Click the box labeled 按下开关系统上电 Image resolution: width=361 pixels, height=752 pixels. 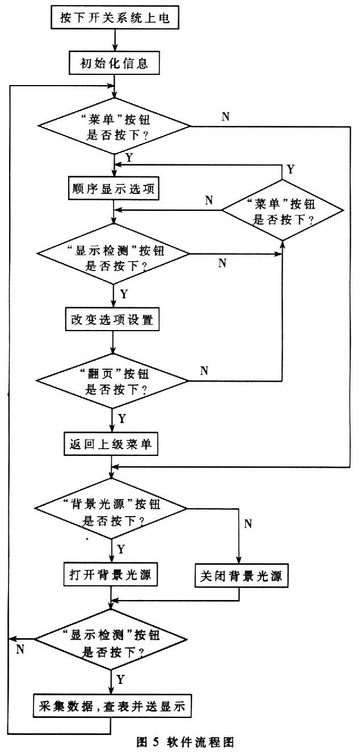tap(115, 18)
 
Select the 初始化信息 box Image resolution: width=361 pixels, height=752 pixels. tap(114, 63)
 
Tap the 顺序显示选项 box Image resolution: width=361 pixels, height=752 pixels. tap(114, 188)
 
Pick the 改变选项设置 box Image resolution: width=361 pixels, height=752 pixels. tap(112, 319)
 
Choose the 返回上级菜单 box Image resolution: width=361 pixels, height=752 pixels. tap(111, 444)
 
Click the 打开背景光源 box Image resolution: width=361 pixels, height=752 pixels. tap(111, 574)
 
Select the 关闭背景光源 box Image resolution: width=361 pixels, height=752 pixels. tap(241, 576)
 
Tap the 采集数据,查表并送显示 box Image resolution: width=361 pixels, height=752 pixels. tap(112, 706)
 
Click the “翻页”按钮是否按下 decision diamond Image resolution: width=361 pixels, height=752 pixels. tap(112, 381)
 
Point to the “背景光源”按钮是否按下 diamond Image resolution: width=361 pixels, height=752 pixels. tap(111, 508)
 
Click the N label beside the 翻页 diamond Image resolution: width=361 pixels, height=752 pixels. tap(204, 371)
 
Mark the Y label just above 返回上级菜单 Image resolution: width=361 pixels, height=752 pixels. tap(121, 419)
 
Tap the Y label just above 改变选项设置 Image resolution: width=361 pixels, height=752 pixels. tap(124, 294)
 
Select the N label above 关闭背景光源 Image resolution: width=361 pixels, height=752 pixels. tap(248, 523)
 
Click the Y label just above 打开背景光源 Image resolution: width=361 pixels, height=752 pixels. tap(121, 549)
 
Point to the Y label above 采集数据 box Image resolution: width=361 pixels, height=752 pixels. tap(120, 680)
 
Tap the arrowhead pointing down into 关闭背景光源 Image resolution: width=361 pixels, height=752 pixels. tap(239, 560)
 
